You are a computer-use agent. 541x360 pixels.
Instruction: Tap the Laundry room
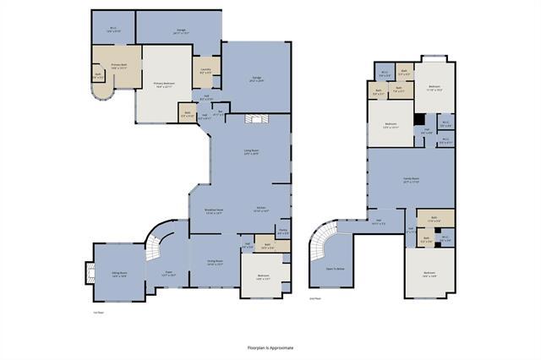206,71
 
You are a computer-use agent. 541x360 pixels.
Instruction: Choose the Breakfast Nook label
214,210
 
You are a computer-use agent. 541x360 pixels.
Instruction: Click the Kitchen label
262,210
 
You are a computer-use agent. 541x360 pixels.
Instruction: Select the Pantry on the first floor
283,232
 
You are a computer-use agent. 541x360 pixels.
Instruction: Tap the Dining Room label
214,262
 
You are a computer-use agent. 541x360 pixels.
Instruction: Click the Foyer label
169,273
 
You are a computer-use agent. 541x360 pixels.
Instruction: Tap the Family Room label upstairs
410,180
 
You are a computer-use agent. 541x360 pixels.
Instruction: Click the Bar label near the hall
220,112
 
